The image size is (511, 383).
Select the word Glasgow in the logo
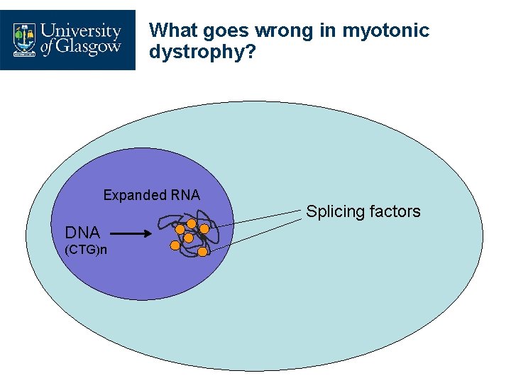[90, 49]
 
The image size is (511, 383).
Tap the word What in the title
[174, 30]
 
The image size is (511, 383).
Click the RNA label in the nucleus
[185, 194]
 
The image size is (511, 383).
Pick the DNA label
[82, 232]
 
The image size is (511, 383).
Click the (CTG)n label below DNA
[86, 250]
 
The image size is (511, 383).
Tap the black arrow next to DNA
[129, 233]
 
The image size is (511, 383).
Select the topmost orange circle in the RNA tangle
[192, 224]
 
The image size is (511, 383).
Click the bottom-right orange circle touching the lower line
[202, 251]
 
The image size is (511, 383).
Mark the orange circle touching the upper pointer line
[204, 228]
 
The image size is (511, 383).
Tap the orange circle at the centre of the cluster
[189, 238]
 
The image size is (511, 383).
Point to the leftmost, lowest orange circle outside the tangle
[175, 246]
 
